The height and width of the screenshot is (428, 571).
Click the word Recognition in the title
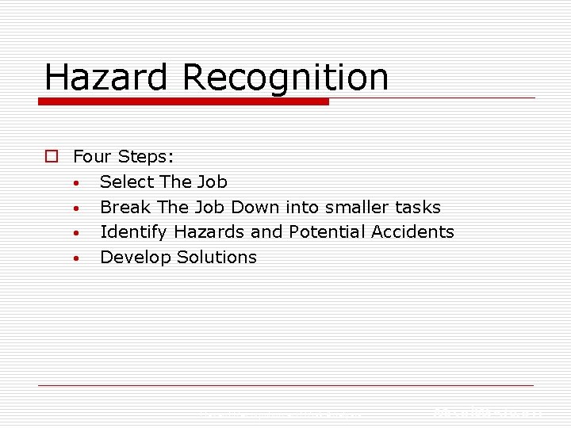285,78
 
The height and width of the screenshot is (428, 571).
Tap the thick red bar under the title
184,101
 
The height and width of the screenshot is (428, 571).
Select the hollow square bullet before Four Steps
51,157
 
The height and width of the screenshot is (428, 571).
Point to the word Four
92,156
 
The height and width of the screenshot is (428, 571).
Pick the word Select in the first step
126,182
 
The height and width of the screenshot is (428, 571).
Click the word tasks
419,207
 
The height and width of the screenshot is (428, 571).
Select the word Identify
134,232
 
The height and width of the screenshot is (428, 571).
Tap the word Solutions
217,258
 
